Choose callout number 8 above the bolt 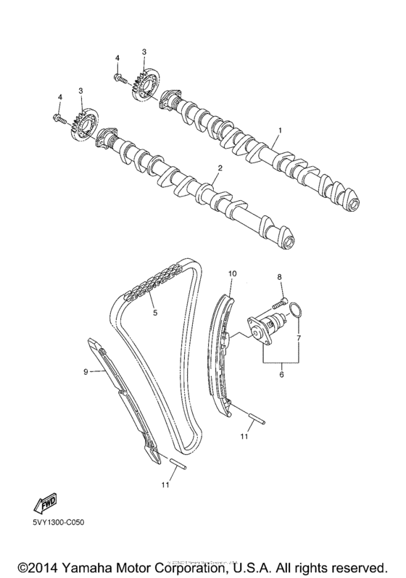tap(278, 278)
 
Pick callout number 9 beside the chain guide tap(86, 371)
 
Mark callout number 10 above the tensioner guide tap(233, 273)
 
